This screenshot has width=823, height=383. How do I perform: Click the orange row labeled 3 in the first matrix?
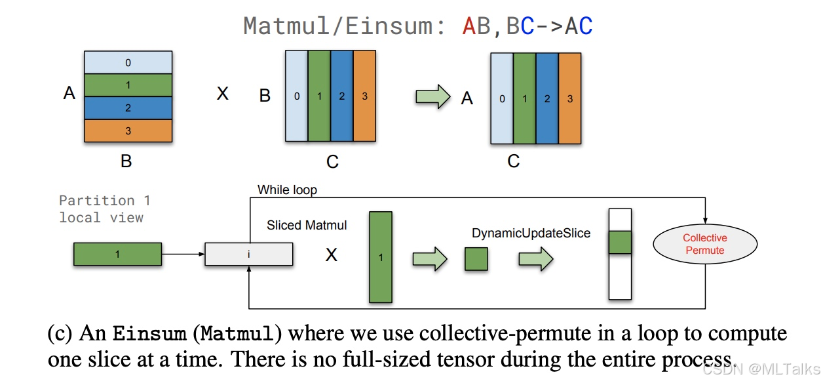128,131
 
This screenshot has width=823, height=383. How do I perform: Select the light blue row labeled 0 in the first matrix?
128,63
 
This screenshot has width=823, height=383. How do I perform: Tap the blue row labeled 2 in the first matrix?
128,108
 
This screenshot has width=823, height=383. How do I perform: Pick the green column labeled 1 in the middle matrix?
319,96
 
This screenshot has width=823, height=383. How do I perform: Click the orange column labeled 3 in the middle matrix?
364,96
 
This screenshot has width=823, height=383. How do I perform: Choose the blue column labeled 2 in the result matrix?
547,99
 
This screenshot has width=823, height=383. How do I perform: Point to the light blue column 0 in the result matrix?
502,99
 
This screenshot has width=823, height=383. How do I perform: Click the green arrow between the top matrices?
433,98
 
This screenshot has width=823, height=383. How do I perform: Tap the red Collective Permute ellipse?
704,244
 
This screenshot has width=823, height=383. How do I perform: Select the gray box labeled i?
249,254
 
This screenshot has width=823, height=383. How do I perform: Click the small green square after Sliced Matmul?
476,259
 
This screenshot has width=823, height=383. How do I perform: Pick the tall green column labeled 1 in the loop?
381,257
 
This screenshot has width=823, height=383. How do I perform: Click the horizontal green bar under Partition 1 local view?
117,254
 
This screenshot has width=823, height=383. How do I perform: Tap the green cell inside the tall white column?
620,242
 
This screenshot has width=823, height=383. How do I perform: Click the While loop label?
287,190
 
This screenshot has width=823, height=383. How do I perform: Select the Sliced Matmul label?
307,225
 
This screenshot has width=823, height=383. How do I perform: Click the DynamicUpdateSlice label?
531,233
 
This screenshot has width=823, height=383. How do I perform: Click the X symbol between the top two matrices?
223,94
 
